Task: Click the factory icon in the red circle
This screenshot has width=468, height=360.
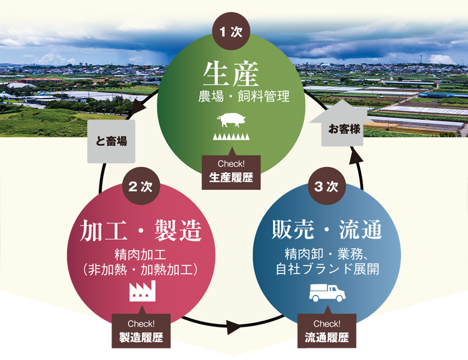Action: (x=142, y=291)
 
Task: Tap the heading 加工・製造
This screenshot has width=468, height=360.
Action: (x=141, y=231)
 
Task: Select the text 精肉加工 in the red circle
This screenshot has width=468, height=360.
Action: (x=141, y=253)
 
